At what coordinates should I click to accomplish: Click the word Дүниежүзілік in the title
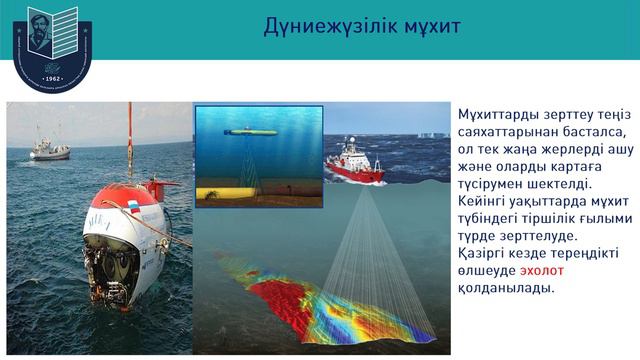coord(323,25)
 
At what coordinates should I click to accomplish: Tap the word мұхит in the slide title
coord(426,25)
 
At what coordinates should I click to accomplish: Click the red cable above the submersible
coord(129,145)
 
